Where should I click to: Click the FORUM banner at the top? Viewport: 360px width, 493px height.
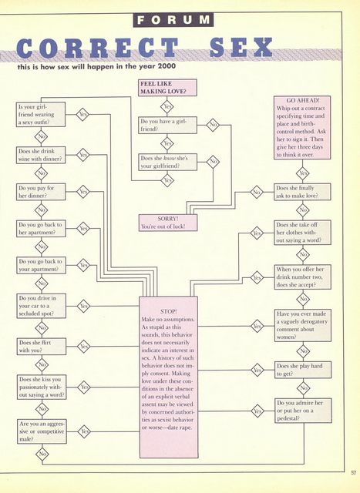(x=173, y=20)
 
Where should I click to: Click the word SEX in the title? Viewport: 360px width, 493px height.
(x=241, y=48)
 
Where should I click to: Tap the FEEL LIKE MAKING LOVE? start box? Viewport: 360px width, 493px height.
(x=167, y=87)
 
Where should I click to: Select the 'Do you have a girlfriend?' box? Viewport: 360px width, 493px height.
(x=167, y=125)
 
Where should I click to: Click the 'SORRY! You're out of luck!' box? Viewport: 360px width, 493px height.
(x=168, y=223)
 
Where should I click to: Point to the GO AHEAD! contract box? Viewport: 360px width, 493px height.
(x=302, y=127)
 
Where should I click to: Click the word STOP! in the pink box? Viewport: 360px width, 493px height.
(x=168, y=311)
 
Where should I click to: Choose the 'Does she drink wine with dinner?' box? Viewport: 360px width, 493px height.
(x=41, y=155)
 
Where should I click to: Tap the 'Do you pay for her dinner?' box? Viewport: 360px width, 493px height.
(x=41, y=192)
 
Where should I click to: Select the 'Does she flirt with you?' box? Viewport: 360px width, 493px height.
(x=42, y=346)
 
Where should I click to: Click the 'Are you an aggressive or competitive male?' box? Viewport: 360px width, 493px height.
(x=42, y=431)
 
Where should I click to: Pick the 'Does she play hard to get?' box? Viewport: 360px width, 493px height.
(x=303, y=370)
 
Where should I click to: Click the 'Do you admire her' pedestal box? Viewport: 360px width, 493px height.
(x=303, y=411)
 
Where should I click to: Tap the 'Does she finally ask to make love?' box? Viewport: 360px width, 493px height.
(x=302, y=192)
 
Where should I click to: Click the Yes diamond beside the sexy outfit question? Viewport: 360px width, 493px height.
(x=82, y=115)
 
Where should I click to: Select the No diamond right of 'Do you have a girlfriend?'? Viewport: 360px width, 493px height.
(x=213, y=125)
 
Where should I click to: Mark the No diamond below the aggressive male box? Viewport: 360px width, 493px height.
(x=42, y=454)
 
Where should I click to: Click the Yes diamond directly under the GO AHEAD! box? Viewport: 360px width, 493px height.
(x=303, y=173)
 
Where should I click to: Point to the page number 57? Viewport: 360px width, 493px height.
(x=353, y=472)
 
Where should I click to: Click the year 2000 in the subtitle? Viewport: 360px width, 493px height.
(x=167, y=66)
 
